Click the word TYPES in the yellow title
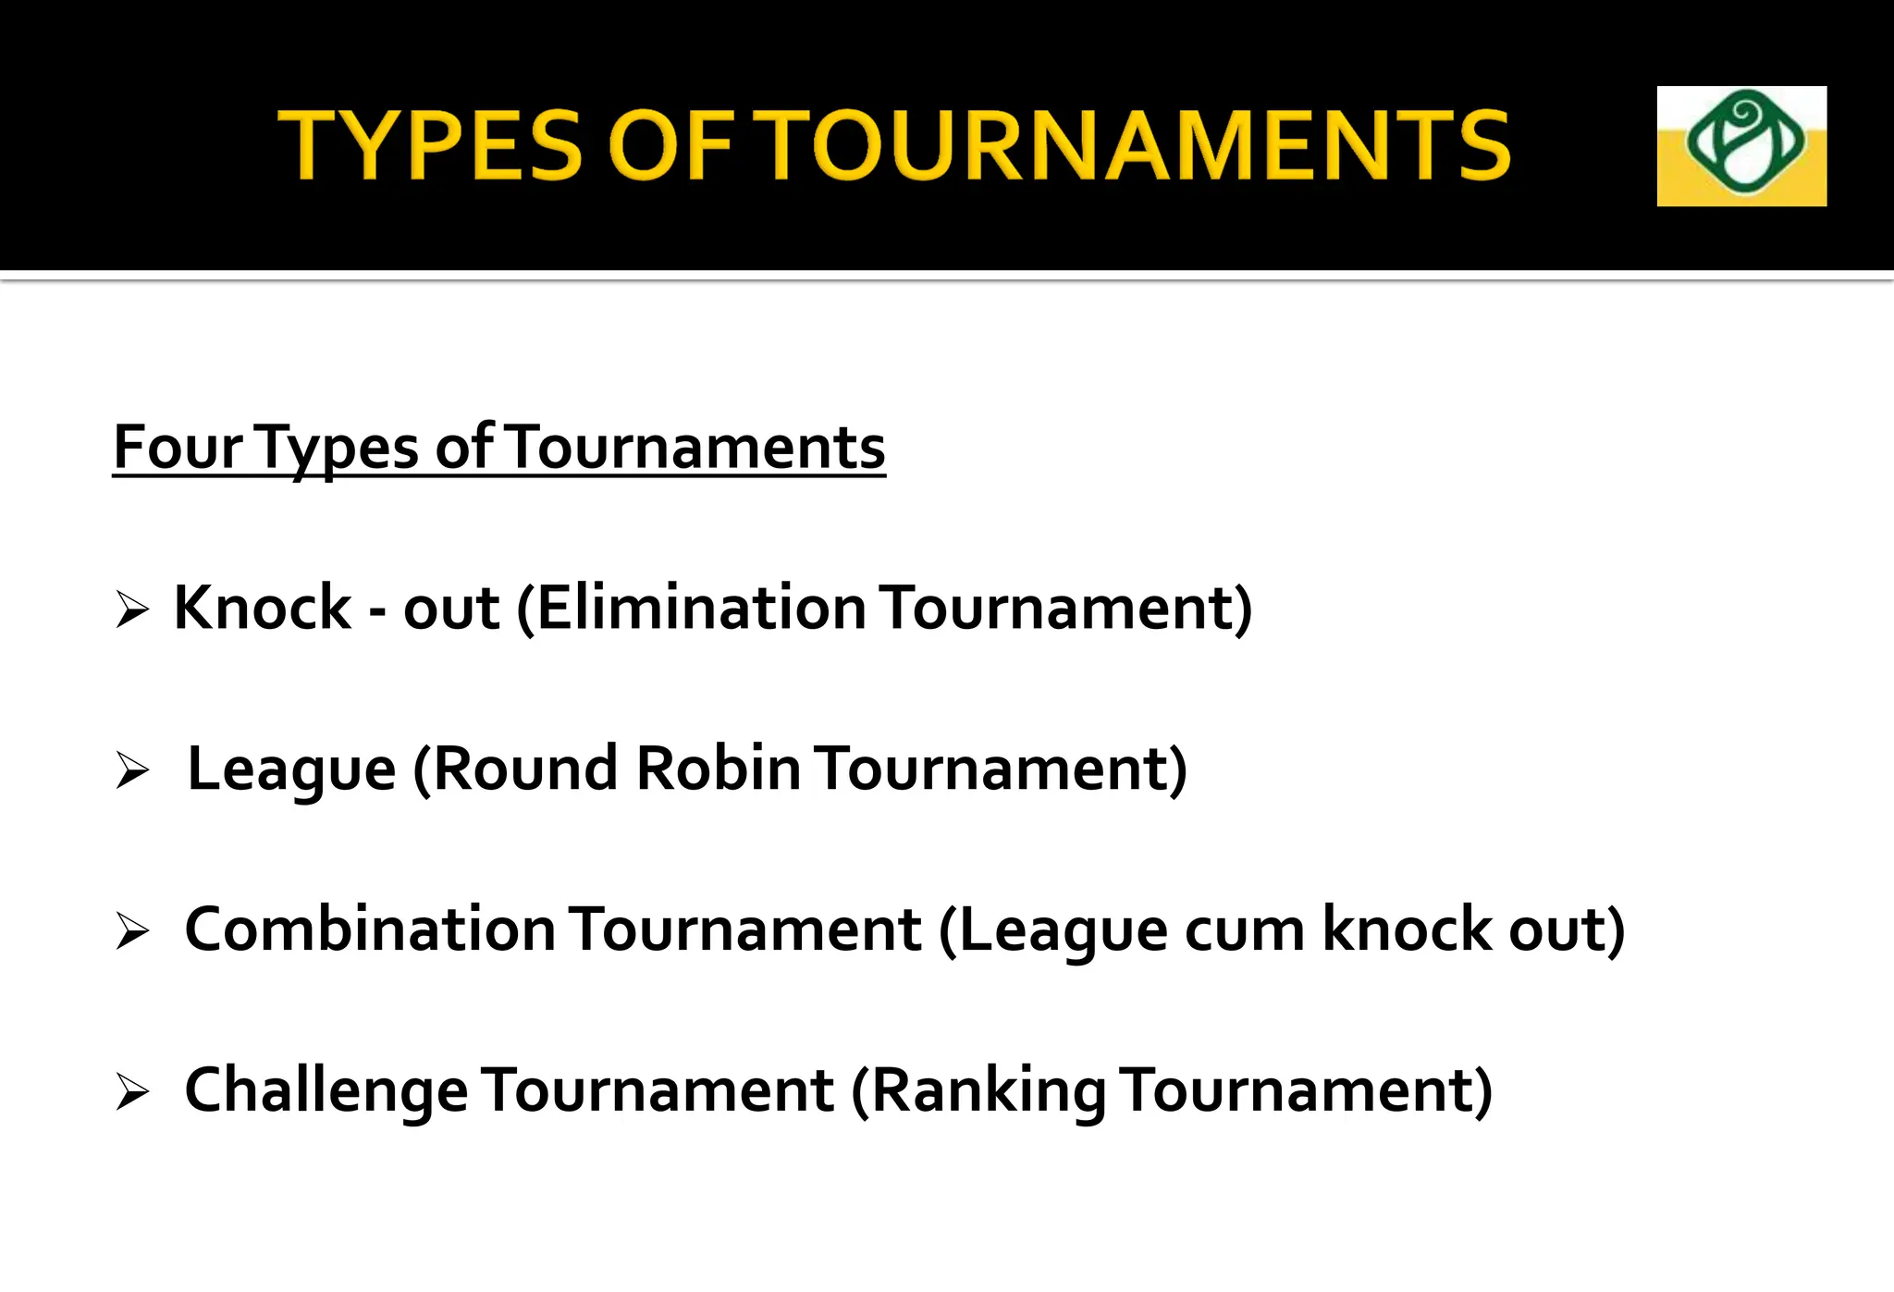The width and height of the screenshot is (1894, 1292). pos(430,144)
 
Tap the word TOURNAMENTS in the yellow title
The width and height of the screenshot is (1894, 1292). pos(1135,144)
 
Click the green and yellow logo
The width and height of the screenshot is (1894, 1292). pos(1740,146)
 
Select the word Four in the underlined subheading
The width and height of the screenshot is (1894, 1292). pos(178,448)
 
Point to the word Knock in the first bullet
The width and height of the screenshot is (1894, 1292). pos(263,609)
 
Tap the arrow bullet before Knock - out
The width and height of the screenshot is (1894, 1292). pos(132,610)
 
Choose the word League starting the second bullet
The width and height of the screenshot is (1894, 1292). pos(291,769)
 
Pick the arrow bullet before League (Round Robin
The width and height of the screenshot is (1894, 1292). pos(132,770)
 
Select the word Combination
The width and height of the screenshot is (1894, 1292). pos(370,929)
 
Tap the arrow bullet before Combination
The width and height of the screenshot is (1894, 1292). pos(132,931)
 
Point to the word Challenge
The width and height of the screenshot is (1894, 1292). pos(326,1090)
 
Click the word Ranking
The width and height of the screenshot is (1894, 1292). pos(987,1090)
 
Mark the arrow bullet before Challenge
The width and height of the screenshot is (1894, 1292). pos(132,1092)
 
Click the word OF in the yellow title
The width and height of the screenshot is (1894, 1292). pos(670,144)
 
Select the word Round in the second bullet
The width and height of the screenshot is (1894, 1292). pos(524,769)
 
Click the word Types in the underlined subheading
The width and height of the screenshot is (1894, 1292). pos(338,448)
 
